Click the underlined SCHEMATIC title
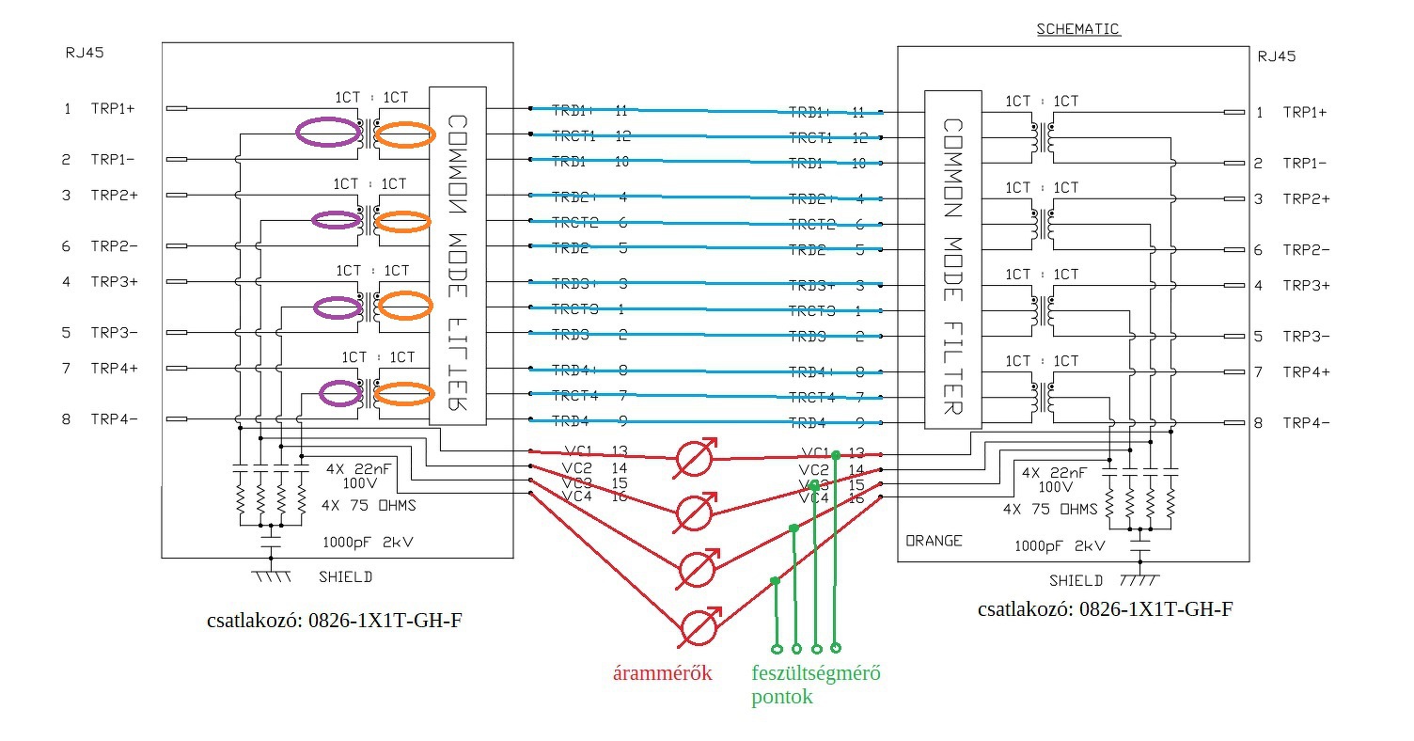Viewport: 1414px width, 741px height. pyautogui.click(x=1077, y=29)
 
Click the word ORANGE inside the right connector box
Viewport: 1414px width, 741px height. pyautogui.click(x=933, y=541)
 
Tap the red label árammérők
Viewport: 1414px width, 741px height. pyautogui.click(x=663, y=673)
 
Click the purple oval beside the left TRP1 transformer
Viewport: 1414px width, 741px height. pyautogui.click(x=326, y=133)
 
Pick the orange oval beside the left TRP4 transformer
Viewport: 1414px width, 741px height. pyautogui.click(x=403, y=395)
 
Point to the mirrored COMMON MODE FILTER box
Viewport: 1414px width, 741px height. pyautogui.click(x=458, y=255)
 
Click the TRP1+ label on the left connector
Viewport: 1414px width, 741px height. pyautogui.click(x=113, y=109)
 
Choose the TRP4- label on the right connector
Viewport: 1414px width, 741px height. pyautogui.click(x=1307, y=423)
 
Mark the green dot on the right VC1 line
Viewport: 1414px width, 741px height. pyautogui.click(x=835, y=455)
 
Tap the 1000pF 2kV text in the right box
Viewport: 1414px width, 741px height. pyautogui.click(x=1060, y=545)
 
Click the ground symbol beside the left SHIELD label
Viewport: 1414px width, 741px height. pyautogui.click(x=271, y=574)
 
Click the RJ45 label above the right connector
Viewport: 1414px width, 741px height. pyautogui.click(x=1277, y=56)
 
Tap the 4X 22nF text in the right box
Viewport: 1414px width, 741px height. pyautogui.click(x=1055, y=473)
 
